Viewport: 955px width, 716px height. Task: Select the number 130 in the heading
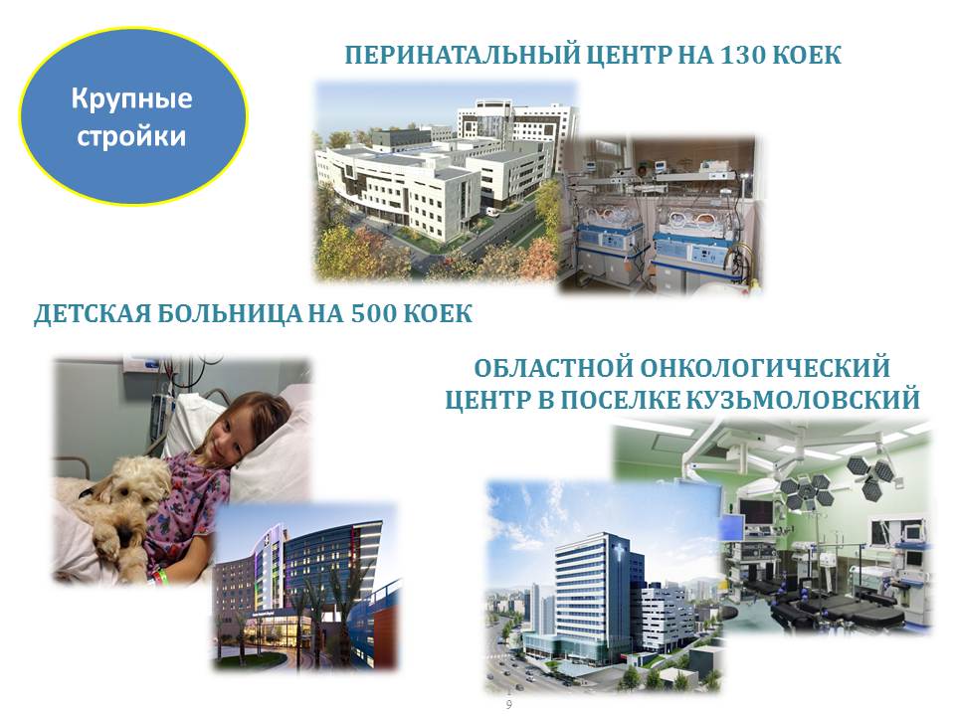coord(742,55)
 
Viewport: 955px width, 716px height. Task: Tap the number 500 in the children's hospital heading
coord(374,313)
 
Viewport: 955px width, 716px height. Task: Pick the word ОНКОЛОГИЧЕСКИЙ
coord(765,368)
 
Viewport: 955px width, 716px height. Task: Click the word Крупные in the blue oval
coord(131,98)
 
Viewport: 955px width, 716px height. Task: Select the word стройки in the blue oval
coord(131,136)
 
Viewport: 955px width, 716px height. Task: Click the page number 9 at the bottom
coord(509,705)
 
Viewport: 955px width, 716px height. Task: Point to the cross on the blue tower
coord(620,553)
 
